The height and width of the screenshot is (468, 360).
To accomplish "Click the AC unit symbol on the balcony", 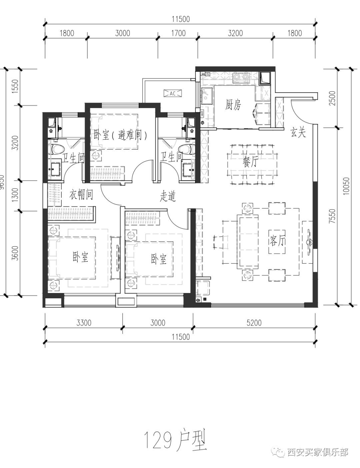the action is [173, 93].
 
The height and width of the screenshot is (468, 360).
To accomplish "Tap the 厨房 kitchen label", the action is [233, 105].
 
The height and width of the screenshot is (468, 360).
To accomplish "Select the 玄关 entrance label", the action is [298, 132].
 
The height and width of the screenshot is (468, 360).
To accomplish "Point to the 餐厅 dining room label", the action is [250, 162].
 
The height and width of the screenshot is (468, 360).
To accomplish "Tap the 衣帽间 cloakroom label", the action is [81, 194].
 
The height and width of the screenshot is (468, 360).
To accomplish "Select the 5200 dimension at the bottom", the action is [254, 323].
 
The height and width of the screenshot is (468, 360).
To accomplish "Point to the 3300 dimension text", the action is [84, 323].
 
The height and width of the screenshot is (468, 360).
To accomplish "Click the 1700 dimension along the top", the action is [178, 33].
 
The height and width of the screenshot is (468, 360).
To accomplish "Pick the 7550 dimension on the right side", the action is [332, 216].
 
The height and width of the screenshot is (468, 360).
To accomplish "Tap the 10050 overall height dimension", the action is [346, 186].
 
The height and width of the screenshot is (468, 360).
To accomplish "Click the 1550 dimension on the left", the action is [15, 87].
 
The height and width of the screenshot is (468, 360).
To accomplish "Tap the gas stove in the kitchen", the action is [241, 77].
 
